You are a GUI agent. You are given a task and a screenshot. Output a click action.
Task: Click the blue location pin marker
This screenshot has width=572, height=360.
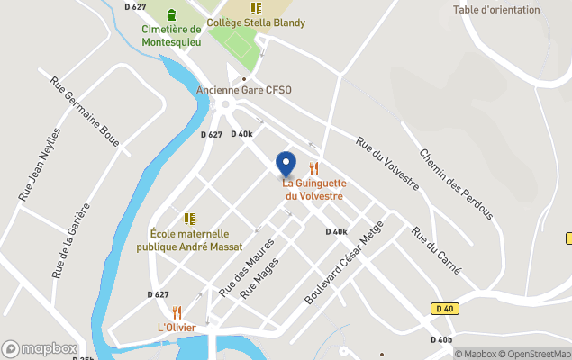(x=286, y=164)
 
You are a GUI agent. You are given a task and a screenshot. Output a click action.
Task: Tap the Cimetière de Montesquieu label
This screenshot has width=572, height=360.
(x=171, y=34)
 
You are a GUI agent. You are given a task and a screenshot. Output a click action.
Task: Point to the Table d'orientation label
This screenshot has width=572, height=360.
(x=496, y=10)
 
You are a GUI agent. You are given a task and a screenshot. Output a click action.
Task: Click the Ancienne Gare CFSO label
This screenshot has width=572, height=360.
(x=244, y=89)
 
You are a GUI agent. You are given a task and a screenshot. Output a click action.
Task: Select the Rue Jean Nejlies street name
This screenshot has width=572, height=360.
(x=41, y=163)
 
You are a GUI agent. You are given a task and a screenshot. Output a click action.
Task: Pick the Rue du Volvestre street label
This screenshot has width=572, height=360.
(x=387, y=163)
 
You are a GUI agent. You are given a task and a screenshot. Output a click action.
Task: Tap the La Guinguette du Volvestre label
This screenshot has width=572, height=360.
(x=315, y=189)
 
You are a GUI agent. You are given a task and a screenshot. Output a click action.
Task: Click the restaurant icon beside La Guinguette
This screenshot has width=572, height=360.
(x=314, y=167)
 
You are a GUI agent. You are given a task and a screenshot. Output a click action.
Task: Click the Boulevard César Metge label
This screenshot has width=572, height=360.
(x=338, y=262)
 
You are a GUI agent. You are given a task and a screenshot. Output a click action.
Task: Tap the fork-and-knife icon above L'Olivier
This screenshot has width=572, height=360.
(x=177, y=312)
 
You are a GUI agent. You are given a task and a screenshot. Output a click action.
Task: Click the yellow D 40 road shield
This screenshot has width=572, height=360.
(x=441, y=309)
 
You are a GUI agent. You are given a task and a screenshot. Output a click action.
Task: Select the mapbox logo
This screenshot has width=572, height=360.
(x=40, y=348)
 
